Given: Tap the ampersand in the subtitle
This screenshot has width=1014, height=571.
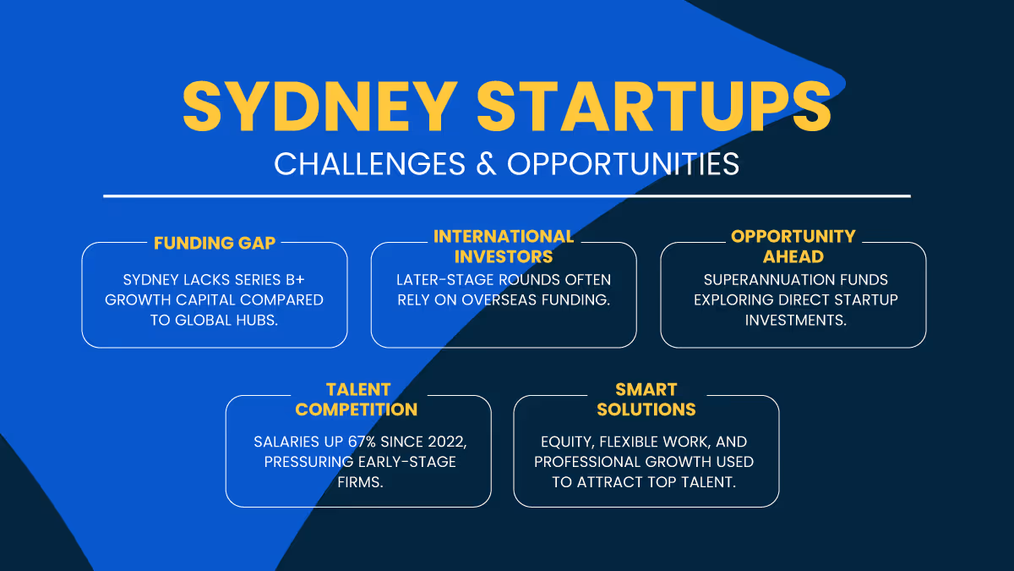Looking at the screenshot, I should pos(486,163).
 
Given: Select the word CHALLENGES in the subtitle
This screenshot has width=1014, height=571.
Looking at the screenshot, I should pos(369,163).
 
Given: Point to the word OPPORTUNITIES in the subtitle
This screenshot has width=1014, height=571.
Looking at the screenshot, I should pos(623,163).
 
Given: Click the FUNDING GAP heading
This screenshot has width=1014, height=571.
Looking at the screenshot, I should pos(215,243).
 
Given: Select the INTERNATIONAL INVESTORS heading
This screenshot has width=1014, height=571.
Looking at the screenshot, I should pos(504,246).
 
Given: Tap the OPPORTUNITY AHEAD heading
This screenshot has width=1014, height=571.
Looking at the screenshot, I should pos(793,246).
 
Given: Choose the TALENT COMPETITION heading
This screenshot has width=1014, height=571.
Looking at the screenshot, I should pos(357,399).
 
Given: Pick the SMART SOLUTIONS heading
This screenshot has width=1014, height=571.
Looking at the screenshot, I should pos(646,399).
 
